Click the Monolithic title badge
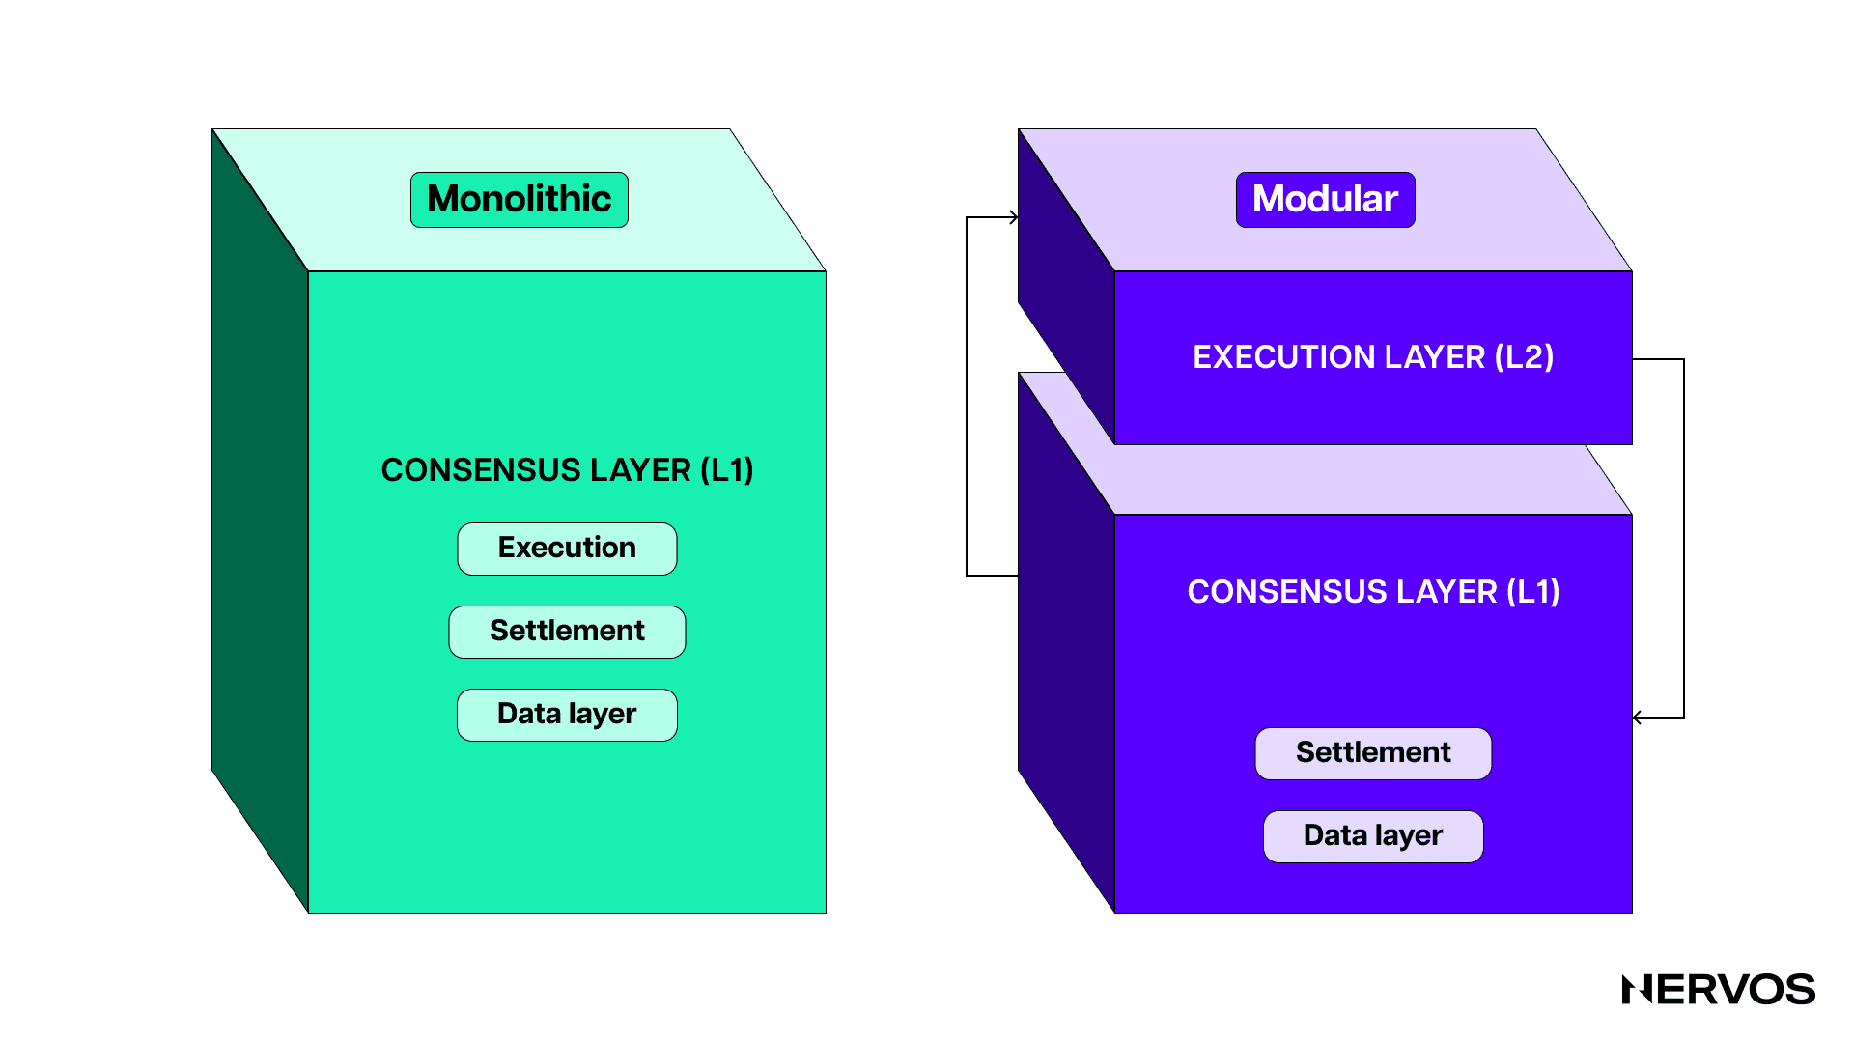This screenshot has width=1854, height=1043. point(519,200)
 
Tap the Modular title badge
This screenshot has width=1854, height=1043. point(1325,200)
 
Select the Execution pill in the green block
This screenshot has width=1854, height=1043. point(567,549)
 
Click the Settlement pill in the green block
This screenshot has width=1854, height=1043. point(567,632)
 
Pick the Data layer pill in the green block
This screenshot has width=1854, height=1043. point(567,715)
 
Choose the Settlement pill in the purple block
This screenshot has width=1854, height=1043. point(1372,753)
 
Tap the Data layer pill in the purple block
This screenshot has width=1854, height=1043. point(1372,836)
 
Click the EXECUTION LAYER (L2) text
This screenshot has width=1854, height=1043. point(1372,357)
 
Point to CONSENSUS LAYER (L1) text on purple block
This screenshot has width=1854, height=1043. point(1372,592)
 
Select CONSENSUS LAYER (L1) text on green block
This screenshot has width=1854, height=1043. point(567,470)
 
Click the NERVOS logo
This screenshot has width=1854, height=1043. point(1718,990)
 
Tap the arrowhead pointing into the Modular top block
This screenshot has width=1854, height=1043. point(1013,217)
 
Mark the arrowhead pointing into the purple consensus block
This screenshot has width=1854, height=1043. point(1638,718)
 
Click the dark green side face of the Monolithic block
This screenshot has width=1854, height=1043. point(259,521)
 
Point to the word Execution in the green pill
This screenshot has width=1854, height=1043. point(567,548)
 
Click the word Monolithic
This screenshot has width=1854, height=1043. point(519,199)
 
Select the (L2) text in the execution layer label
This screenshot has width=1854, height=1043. point(1524,357)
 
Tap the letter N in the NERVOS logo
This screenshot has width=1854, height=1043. point(1638,990)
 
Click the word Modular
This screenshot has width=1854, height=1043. point(1325,199)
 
